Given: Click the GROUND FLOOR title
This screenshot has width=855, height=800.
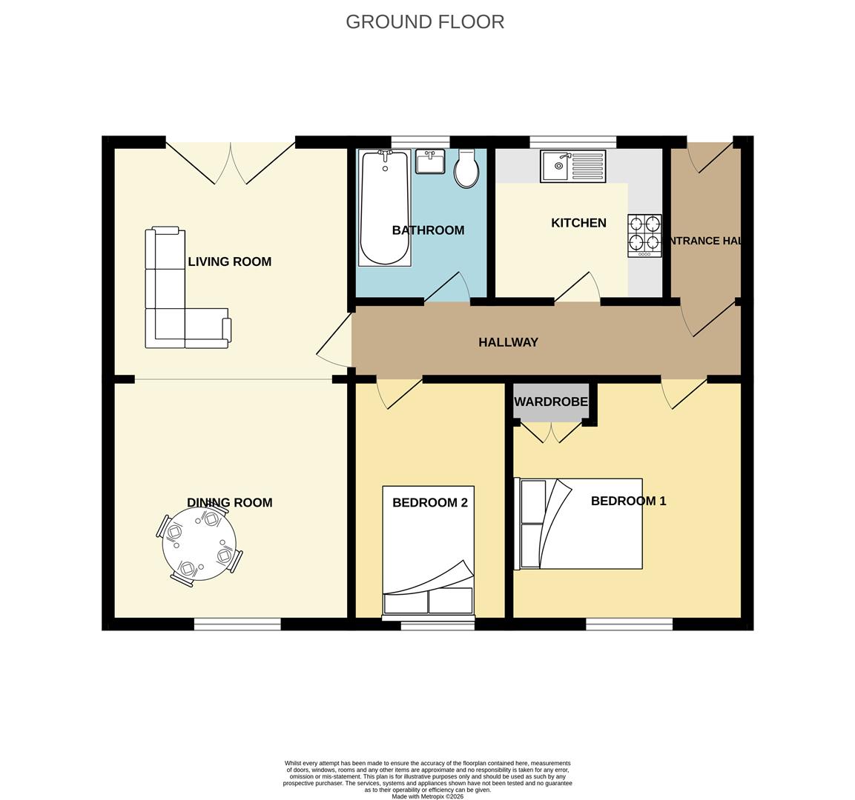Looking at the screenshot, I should (425, 22).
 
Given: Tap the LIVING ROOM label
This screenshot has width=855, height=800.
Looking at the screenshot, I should (229, 261).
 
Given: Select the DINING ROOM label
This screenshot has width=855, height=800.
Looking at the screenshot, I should (229, 502).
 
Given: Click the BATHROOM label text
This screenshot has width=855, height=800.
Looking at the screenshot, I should (428, 230).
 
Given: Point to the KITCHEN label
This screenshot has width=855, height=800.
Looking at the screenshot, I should (578, 223).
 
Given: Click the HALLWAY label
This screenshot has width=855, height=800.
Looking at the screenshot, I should (508, 342).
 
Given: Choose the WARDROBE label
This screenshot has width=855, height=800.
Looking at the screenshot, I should (551, 402).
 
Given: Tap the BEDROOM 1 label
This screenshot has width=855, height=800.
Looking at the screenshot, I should (628, 501).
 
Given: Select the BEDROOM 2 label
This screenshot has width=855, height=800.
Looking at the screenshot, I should (429, 502).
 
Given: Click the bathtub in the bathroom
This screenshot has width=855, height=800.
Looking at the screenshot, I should (384, 208).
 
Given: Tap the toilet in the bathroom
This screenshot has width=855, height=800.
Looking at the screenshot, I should (466, 170).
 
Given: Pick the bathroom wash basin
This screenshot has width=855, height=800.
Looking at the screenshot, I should (430, 161).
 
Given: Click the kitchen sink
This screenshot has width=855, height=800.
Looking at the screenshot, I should (572, 166).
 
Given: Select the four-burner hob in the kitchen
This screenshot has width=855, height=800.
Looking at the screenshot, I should (644, 235).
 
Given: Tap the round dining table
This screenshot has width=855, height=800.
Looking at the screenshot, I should (199, 544).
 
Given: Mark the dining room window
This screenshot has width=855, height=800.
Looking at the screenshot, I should (237, 624).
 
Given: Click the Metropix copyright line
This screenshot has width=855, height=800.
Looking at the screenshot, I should (427, 796).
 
